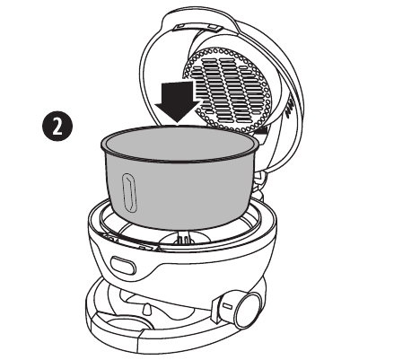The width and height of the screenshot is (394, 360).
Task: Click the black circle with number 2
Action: click(x=57, y=126)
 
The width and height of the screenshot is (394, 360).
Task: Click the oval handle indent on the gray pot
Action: click(x=129, y=193)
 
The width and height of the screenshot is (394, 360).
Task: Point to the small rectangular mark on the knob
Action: click(x=228, y=306)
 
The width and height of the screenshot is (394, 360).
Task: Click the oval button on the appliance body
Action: click(x=123, y=266)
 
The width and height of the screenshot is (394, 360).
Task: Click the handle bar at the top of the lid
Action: click(x=198, y=28)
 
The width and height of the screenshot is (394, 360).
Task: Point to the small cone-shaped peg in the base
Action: click(x=147, y=309)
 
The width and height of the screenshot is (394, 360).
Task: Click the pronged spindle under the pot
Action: click(x=183, y=239)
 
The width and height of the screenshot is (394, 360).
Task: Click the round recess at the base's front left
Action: click(x=126, y=326)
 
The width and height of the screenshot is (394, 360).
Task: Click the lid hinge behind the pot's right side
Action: click(x=259, y=183)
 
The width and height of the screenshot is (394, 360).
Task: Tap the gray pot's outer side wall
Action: click(x=179, y=191)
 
